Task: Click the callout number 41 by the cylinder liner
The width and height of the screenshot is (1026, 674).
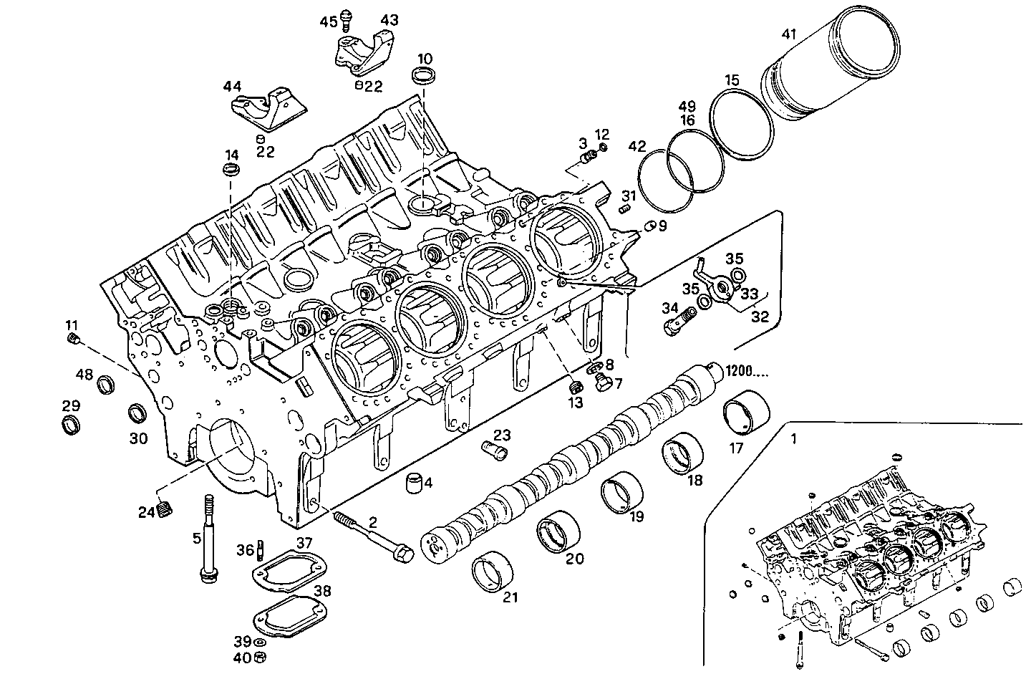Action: tap(789, 34)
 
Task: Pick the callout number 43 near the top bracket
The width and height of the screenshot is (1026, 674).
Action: tap(389, 20)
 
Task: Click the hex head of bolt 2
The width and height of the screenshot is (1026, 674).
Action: tap(402, 555)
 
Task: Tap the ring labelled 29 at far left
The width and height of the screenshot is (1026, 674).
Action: tap(70, 425)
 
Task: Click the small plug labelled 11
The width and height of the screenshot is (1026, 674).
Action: tap(72, 338)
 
